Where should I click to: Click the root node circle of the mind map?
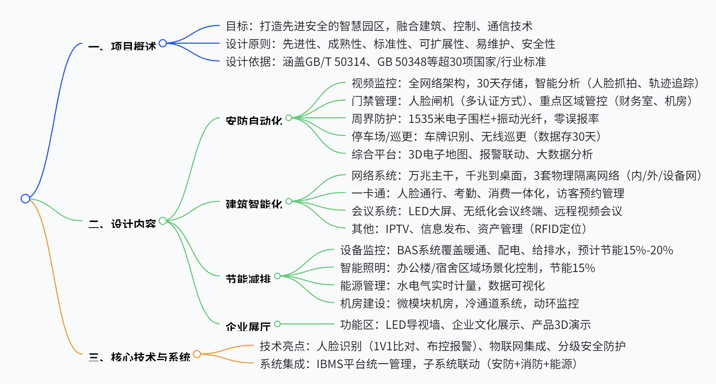coord(25,198)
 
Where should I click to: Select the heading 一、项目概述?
coord(122,46)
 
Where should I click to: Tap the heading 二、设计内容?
coord(122,224)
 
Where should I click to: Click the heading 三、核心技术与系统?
coord(139,357)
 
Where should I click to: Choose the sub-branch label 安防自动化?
coord(254,121)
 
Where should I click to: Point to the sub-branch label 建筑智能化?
coord(254,204)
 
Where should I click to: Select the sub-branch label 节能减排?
coord(248,279)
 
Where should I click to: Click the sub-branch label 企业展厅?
coord(248,327)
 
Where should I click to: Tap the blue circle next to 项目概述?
coord(162,43)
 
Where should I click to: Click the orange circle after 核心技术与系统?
coord(197,354)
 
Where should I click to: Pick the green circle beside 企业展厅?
coord(277,324)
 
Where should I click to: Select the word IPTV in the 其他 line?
coord(397,229)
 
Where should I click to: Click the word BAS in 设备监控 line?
coord(407,250)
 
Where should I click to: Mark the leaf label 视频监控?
coord(374,83)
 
